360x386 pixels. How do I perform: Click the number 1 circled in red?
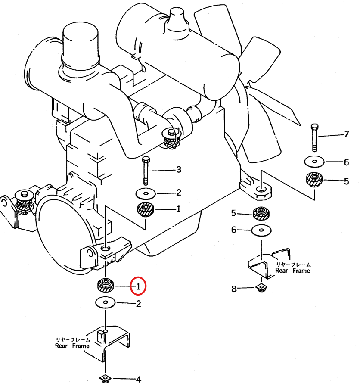138,286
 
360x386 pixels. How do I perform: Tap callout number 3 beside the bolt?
179,170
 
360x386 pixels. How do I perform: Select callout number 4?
139,380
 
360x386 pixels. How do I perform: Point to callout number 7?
346,134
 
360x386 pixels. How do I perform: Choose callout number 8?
234,289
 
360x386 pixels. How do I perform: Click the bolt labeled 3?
146,170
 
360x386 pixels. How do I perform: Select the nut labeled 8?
261,288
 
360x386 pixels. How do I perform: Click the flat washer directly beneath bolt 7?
314,162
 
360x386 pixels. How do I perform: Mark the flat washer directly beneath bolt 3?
146,192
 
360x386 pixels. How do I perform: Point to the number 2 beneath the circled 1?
138,304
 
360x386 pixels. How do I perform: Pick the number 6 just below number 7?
346,162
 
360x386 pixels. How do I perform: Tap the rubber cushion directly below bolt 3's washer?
146,209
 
